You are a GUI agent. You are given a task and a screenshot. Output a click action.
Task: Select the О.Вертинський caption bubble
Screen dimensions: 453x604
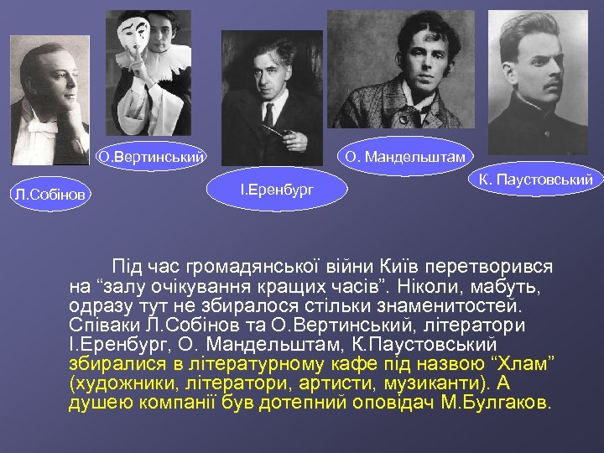(x=152, y=155)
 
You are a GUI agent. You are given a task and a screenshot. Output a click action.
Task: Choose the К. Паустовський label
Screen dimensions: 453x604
(x=535, y=180)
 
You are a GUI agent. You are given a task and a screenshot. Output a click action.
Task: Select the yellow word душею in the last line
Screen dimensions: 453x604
(x=96, y=402)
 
